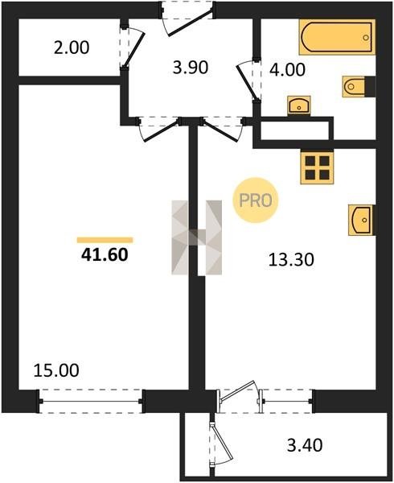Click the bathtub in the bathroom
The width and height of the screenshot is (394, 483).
pyautogui.click(x=337, y=37)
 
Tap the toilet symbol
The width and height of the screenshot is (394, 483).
pyautogui.click(x=354, y=87)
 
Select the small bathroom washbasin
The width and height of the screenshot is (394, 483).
pyautogui.click(x=299, y=105)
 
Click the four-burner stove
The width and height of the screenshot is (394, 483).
pyautogui.click(x=317, y=167)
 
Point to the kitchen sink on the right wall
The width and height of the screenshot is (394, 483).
pyautogui.click(x=360, y=220)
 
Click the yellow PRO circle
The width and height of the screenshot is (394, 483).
pyautogui.click(x=256, y=200)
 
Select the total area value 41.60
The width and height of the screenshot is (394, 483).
pyautogui.click(x=105, y=254)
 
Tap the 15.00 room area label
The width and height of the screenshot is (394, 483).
pyautogui.click(x=56, y=370)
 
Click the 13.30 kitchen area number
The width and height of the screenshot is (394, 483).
pyautogui.click(x=291, y=259)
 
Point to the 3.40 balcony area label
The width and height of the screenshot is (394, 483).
pyautogui.click(x=305, y=445)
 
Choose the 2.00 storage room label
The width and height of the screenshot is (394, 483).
pyautogui.click(x=72, y=48)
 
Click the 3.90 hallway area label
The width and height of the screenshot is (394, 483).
pyautogui.click(x=191, y=68)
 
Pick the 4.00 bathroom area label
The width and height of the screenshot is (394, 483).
pyautogui.click(x=288, y=69)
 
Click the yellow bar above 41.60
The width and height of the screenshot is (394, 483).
pyautogui.click(x=105, y=240)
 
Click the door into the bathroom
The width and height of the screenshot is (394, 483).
pyautogui.click(x=248, y=80)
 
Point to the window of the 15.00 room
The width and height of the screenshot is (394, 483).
pyautogui.click(x=91, y=402)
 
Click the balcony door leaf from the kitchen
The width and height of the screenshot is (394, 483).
pyautogui.click(x=237, y=391)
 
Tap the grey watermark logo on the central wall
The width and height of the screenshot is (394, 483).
pyautogui.click(x=196, y=237)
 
